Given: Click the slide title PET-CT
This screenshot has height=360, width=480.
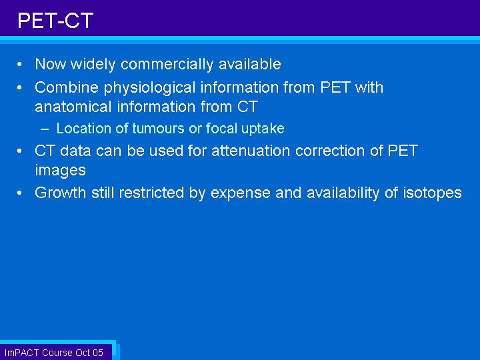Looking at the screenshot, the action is point(55,21).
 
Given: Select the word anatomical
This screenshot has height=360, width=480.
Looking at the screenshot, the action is point(73,107).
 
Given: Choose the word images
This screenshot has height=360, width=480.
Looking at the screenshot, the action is point(60,171).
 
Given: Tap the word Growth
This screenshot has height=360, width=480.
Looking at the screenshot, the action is point(60,193).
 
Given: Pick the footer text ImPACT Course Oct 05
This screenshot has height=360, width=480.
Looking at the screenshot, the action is point(54,353).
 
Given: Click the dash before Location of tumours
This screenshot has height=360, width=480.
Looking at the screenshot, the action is point(45,129).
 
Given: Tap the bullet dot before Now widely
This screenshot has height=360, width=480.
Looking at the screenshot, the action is point(19,64).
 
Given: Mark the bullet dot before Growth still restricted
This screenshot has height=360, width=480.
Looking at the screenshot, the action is point(19,193).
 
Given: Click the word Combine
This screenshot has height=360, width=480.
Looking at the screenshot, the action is point(67,87).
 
